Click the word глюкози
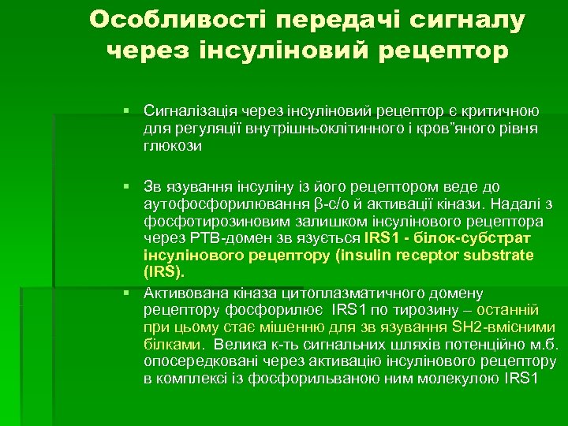173,145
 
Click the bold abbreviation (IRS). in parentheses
164,271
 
